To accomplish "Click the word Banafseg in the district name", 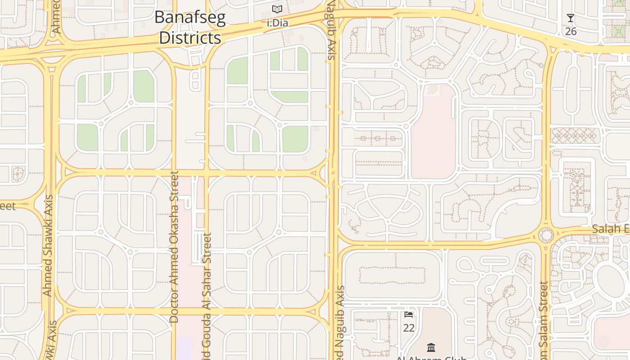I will pyautogui.click(x=190, y=18).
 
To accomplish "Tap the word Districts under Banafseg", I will pyautogui.click(x=190, y=38).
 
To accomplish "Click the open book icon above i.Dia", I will pyautogui.click(x=277, y=9).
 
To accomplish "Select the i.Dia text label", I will pyautogui.click(x=277, y=22).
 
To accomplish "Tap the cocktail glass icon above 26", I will pyautogui.click(x=571, y=18).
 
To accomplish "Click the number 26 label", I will pyautogui.click(x=571, y=31).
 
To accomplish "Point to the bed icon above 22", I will pyautogui.click(x=409, y=315).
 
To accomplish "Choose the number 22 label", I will pyautogui.click(x=409, y=328).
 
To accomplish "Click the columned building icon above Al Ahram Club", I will pyautogui.click(x=431, y=347).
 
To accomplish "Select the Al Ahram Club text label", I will pyautogui.click(x=431, y=358).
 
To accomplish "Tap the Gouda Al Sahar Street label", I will pyautogui.click(x=207, y=297).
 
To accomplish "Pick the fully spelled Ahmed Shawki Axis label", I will pyautogui.click(x=48, y=245).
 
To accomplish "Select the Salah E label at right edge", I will pyautogui.click(x=610, y=229).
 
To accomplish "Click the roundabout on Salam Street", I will pyautogui.click(x=546, y=235).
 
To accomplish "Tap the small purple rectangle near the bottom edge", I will pyautogui.click(x=184, y=348).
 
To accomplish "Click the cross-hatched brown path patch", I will pyautogui.click(x=573, y=135).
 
